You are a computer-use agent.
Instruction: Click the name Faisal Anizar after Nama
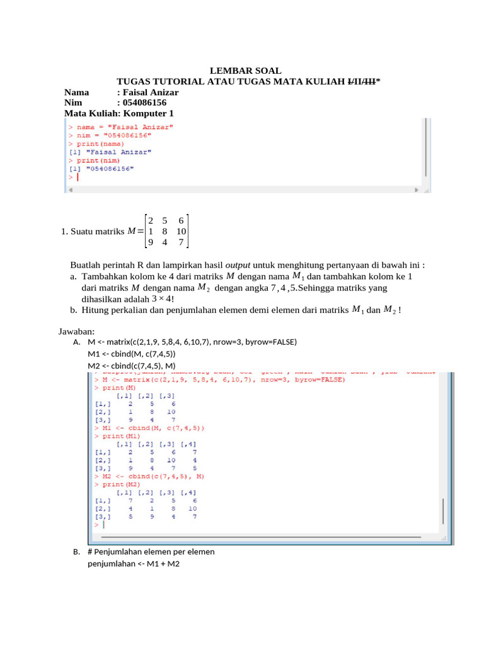pyautogui.click(x=151, y=93)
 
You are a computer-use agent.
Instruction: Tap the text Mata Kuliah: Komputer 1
pyautogui.click(x=118, y=113)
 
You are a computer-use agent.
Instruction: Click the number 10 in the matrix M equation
pyautogui.click(x=181, y=231)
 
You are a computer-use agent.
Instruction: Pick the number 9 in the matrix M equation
pyautogui.click(x=150, y=242)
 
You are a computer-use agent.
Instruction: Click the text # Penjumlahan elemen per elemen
pyautogui.click(x=151, y=552)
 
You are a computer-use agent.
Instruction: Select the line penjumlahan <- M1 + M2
pyautogui.click(x=134, y=564)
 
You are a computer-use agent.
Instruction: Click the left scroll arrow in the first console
pyautogui.click(x=70, y=188)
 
